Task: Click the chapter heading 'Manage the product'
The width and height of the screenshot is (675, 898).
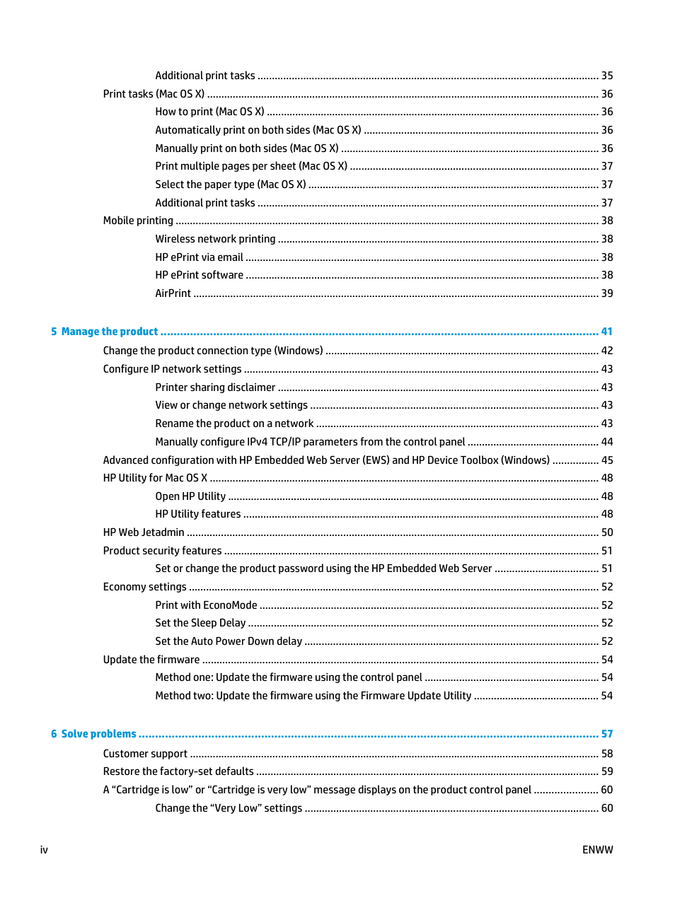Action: (110, 332)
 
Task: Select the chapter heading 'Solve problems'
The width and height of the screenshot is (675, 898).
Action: (98, 734)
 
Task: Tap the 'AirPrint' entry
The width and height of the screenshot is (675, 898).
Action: (173, 293)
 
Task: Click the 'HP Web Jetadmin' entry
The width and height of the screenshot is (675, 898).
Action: (144, 532)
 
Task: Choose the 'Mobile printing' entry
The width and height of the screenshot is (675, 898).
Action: (138, 221)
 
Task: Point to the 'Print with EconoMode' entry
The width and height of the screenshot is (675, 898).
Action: (206, 605)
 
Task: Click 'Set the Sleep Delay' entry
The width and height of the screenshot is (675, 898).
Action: (200, 623)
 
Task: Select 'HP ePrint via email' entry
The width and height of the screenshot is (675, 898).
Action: (199, 257)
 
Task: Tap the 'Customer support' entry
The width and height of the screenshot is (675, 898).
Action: (145, 754)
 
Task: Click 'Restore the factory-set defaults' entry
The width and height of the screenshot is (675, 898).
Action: (178, 771)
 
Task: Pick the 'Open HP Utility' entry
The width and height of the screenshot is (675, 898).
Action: (190, 496)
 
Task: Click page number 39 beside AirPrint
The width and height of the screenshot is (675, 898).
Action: (607, 293)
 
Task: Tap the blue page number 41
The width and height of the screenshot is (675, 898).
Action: (607, 332)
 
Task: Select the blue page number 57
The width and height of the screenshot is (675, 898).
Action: (607, 734)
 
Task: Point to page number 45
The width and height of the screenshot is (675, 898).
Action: (607, 460)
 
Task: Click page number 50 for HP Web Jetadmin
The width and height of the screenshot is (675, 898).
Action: (607, 532)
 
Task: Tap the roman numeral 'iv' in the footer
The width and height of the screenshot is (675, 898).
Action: (44, 850)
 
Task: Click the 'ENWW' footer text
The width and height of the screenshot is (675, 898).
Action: (597, 850)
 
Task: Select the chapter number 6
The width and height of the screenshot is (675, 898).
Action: (54, 734)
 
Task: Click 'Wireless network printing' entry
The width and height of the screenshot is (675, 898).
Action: (215, 239)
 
